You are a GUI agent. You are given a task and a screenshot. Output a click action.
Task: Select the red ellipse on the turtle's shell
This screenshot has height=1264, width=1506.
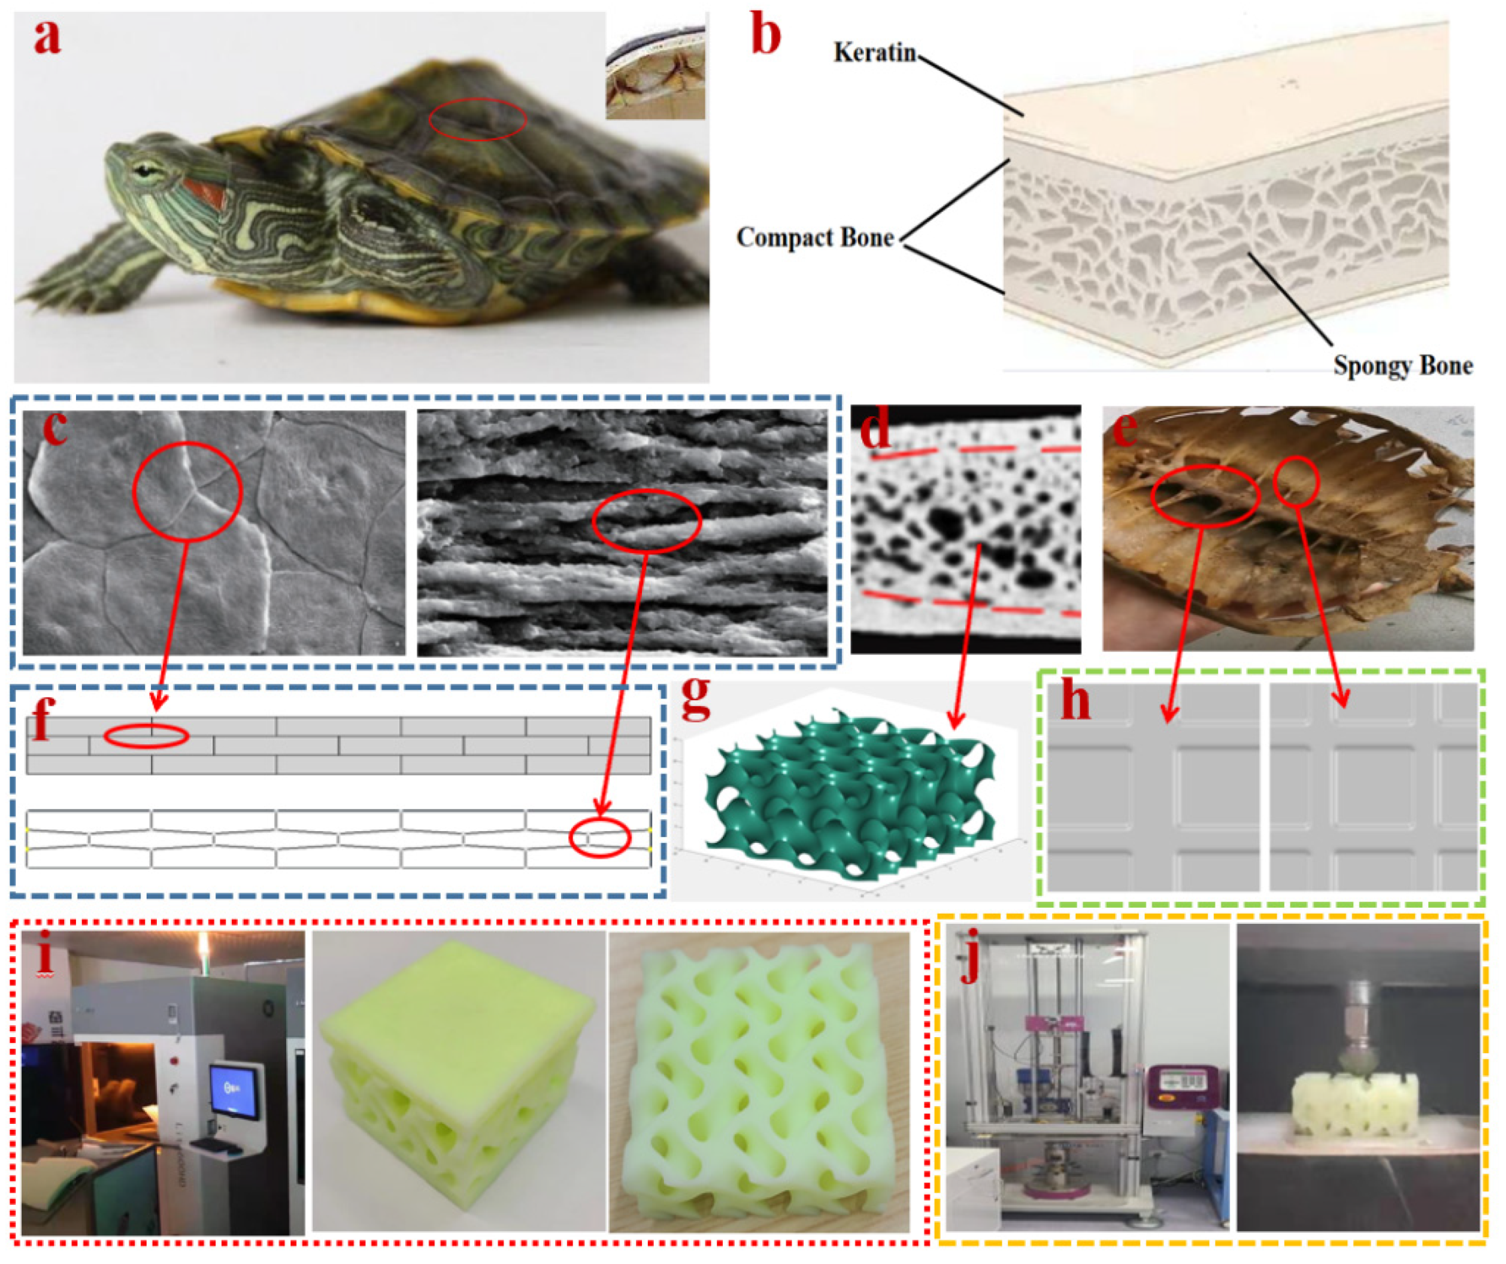click(x=478, y=119)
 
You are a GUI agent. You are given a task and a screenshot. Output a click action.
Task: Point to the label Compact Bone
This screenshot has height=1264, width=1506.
click(x=816, y=237)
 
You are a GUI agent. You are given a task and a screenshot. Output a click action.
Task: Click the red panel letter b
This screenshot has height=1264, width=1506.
click(x=765, y=37)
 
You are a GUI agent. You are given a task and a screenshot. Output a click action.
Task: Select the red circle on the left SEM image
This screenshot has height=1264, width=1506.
click(x=187, y=492)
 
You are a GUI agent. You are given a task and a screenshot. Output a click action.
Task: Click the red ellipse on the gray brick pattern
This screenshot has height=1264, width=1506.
click(x=146, y=736)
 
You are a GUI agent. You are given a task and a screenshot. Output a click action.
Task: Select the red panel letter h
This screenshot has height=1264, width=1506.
click(x=1075, y=701)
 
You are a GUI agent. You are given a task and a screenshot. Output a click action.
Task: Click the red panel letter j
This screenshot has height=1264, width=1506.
click(x=972, y=964)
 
